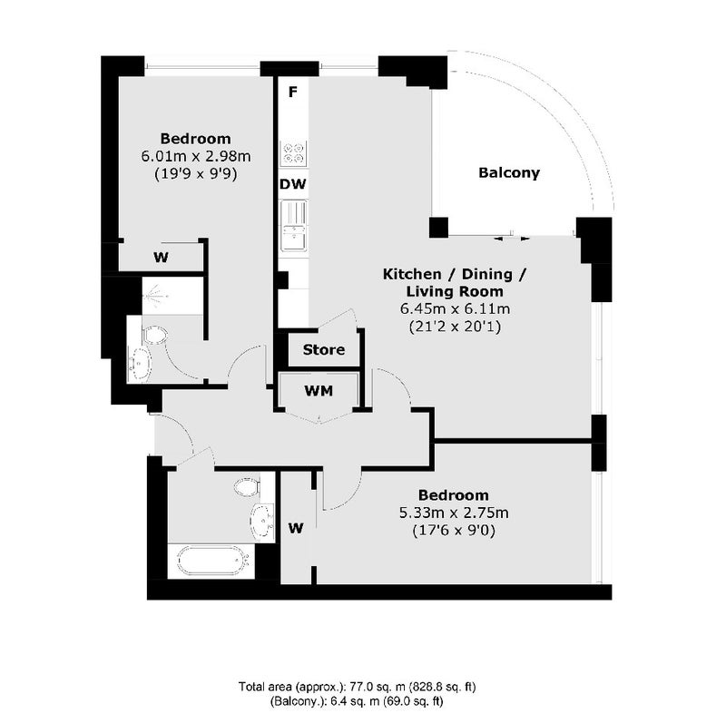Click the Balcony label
point(509,173)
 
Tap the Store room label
point(324,349)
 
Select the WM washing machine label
point(319,391)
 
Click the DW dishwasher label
point(292,184)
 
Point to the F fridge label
point(292,93)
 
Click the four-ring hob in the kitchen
point(293,153)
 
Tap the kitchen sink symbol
point(293,225)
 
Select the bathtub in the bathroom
point(211,562)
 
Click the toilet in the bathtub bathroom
point(247,487)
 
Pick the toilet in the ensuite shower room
point(155,335)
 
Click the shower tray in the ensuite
point(172,296)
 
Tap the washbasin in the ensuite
point(140,364)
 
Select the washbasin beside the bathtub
point(262,522)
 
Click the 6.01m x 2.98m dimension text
point(196,156)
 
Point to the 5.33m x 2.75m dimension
point(454,513)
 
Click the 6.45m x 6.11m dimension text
point(456,308)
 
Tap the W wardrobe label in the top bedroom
point(161,258)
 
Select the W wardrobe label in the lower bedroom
point(296,528)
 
